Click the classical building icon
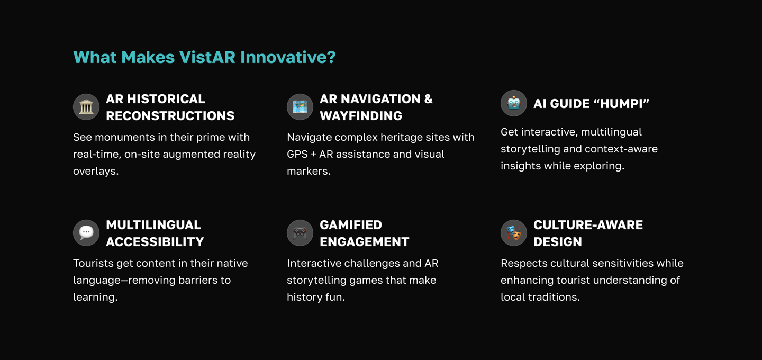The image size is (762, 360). click(86, 107)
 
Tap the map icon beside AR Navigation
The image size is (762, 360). click(300, 107)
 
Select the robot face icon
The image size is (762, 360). click(514, 103)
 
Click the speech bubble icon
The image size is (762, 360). click(86, 233)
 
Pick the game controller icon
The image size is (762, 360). click(300, 233)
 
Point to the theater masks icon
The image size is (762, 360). click(514, 233)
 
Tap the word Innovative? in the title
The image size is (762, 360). click(288, 57)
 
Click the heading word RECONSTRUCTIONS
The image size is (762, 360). click(170, 116)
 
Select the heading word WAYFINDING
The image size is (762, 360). click(361, 116)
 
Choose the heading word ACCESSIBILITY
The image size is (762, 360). click(155, 241)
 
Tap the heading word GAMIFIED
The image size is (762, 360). click(351, 224)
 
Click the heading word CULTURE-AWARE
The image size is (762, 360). click(588, 224)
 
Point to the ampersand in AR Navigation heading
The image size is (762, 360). click(428, 98)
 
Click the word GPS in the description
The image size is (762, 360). click(297, 154)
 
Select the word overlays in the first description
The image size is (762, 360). click(96, 171)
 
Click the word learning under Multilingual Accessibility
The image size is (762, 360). click(95, 297)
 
